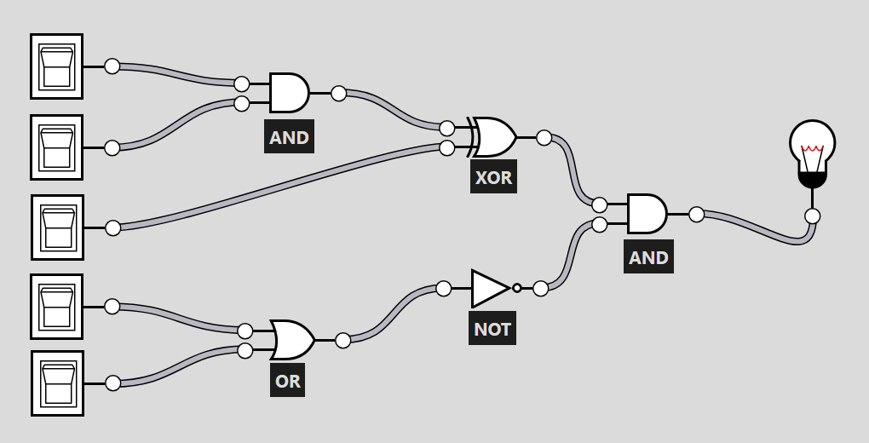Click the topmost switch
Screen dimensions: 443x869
click(x=57, y=66)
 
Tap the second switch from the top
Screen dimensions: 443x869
click(x=57, y=147)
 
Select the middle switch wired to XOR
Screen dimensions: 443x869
click(x=58, y=227)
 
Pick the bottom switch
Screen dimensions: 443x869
click(x=58, y=383)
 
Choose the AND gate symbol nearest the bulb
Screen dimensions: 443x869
click(x=647, y=214)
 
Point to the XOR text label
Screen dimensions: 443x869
click(x=493, y=178)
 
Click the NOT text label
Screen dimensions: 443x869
click(x=492, y=329)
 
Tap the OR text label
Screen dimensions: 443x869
click(x=288, y=381)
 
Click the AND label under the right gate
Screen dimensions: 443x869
click(x=648, y=257)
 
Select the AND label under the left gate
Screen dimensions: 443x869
click(x=289, y=137)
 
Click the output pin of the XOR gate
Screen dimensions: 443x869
click(x=544, y=137)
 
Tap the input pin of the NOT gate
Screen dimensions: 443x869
click(x=444, y=288)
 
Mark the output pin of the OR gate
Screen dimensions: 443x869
click(x=343, y=341)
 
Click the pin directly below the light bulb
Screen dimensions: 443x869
click(x=812, y=216)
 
